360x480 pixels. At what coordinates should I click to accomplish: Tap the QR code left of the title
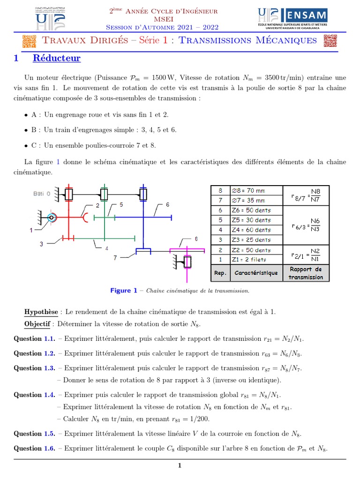pos(29,41)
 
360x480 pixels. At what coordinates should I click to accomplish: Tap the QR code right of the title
pos(330,41)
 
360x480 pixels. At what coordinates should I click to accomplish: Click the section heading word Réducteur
pos(56,59)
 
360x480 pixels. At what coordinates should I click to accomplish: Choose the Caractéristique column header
pos(256,272)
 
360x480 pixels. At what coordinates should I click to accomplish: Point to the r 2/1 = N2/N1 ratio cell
pos(306,255)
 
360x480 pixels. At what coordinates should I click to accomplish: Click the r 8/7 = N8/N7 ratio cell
pos(306,195)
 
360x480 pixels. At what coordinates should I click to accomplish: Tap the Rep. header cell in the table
pos(220,272)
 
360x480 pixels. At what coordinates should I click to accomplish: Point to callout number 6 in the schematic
pos(167,205)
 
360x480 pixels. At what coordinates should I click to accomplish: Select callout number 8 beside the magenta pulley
pos(196,239)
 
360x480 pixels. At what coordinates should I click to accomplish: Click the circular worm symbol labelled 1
pos(51,217)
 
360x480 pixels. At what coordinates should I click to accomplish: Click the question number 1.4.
pos(50,395)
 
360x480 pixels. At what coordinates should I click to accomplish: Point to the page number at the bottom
pos(180,465)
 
